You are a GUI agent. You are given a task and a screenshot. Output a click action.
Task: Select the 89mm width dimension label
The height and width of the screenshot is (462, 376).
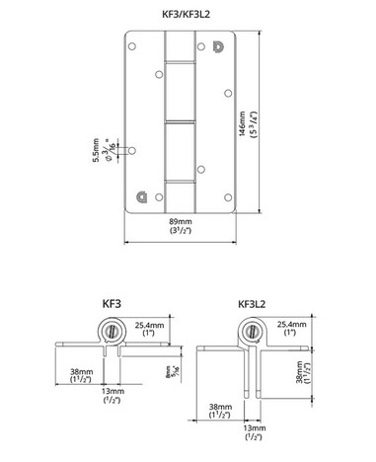click(182, 225)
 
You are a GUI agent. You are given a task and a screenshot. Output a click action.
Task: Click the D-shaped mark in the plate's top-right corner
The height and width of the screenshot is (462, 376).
click(218, 45)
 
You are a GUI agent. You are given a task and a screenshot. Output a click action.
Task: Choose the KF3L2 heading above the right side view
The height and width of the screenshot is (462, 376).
click(256, 307)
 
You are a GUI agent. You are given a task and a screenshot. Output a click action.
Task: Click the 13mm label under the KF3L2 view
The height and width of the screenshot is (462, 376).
click(255, 430)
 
